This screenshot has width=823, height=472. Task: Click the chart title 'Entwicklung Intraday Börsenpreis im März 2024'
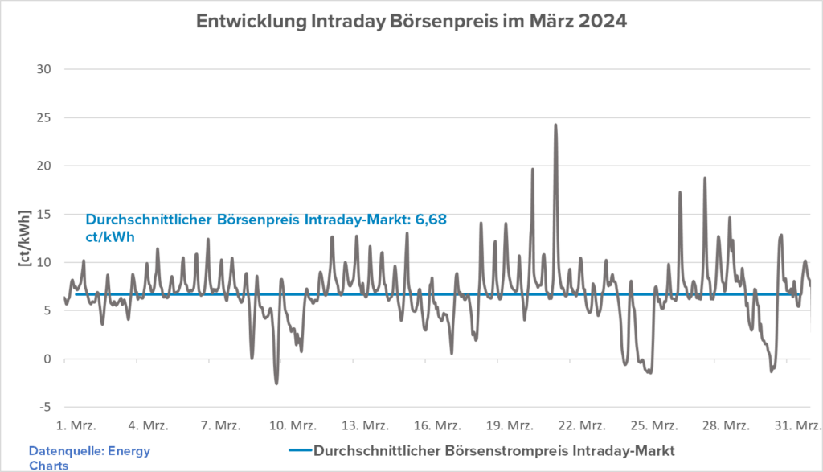(x=411, y=23)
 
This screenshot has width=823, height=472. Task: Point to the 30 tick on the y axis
(x=44, y=69)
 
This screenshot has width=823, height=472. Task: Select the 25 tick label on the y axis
(x=44, y=117)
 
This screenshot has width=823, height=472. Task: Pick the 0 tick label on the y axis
(x=47, y=359)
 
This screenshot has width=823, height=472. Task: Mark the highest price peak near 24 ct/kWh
(x=555, y=125)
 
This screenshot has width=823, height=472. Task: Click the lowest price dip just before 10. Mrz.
(x=276, y=383)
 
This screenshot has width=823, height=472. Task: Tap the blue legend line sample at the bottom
(x=297, y=449)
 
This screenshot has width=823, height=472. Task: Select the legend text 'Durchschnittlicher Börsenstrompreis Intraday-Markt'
(x=492, y=449)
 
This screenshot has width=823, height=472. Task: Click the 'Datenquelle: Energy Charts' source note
(x=89, y=457)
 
